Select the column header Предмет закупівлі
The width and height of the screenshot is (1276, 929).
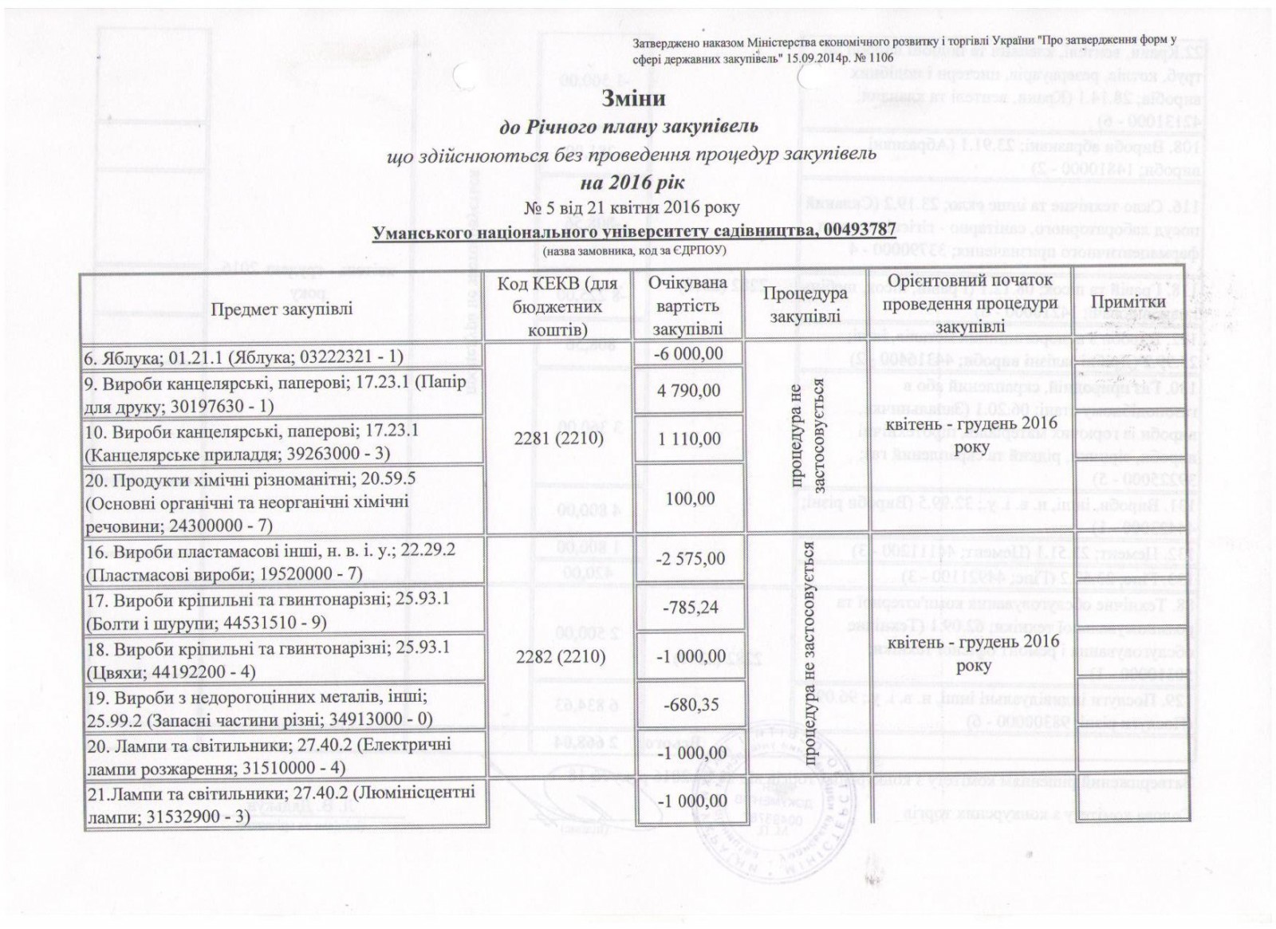point(282,308)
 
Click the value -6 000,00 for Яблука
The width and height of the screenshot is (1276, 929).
point(687,353)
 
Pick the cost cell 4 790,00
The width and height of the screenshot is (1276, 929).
point(687,391)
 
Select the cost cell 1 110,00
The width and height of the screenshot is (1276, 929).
point(687,439)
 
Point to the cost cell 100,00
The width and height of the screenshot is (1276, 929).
point(687,498)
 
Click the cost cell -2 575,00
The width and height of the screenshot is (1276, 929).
point(687,558)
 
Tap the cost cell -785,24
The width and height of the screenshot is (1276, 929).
point(687,608)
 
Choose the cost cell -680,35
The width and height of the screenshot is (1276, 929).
point(687,705)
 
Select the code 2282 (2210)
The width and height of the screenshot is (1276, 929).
point(559,657)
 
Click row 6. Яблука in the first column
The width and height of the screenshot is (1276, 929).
point(243,358)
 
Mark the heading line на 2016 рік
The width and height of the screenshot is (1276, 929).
point(632,183)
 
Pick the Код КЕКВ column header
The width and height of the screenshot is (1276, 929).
point(558,306)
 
